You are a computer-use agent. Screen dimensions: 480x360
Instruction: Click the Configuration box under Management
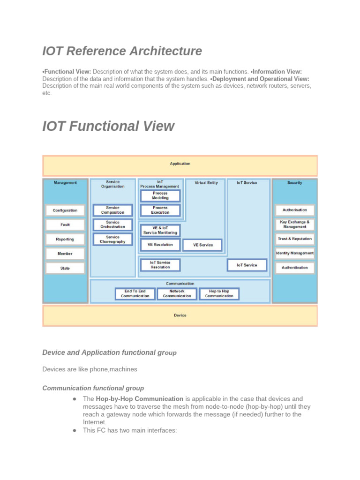[65, 210]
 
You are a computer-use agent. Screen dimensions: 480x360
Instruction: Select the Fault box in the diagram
[65, 225]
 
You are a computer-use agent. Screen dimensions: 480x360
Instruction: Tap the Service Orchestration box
[112, 225]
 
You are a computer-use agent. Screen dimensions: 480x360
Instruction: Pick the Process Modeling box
[160, 195]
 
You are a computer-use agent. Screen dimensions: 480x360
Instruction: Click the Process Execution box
[160, 210]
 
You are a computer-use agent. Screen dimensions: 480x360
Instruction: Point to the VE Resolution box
[160, 245]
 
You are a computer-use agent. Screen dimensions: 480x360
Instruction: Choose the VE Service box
[202, 245]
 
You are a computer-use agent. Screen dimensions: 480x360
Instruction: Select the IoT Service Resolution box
[160, 265]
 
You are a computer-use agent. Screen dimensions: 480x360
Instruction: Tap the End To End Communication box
[135, 293]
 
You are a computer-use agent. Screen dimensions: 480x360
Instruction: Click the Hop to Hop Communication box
[219, 293]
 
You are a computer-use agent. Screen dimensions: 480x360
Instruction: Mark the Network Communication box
[177, 293]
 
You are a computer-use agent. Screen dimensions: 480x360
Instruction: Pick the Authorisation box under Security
[295, 210]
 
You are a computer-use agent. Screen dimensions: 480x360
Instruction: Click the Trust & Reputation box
[295, 239]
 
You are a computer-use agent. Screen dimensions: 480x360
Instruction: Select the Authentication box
[295, 268]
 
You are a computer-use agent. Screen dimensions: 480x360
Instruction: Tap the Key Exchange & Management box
[295, 225]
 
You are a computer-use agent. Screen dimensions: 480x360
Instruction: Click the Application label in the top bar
[180, 164]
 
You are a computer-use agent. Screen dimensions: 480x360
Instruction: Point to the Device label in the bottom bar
[180, 315]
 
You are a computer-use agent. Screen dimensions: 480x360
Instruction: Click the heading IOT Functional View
[108, 127]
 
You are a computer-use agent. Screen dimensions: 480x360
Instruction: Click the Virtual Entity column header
[206, 183]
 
